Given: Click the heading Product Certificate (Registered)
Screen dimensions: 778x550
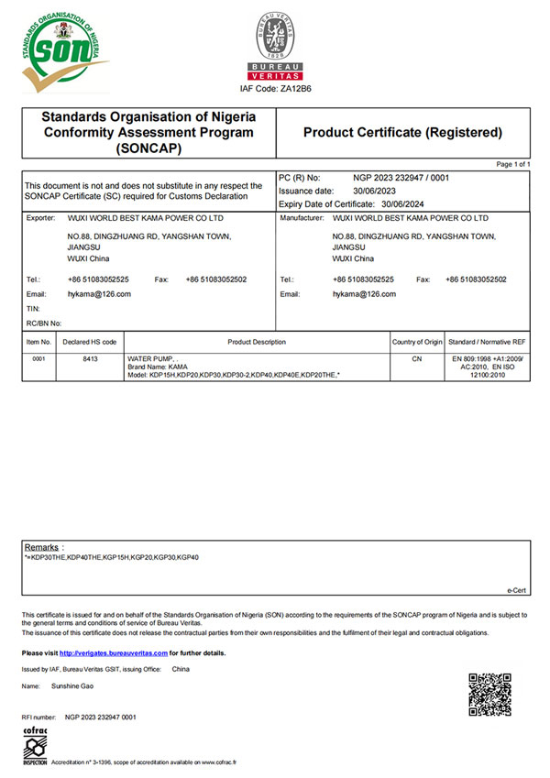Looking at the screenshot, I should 402,133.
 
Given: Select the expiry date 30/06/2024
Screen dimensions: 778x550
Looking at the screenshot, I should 400,203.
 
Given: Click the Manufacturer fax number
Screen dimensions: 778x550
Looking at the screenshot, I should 475,279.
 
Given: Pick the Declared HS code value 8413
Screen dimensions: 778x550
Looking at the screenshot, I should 88,360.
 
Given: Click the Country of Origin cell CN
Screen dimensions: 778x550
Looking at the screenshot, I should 417,360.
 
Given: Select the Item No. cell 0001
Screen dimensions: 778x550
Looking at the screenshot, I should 38,360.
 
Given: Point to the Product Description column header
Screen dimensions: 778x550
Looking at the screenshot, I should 257,342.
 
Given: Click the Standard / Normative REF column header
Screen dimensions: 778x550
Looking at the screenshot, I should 487,342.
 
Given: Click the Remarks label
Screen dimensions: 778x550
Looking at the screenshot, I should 42,546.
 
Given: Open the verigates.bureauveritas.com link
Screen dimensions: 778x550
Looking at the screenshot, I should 114,652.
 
